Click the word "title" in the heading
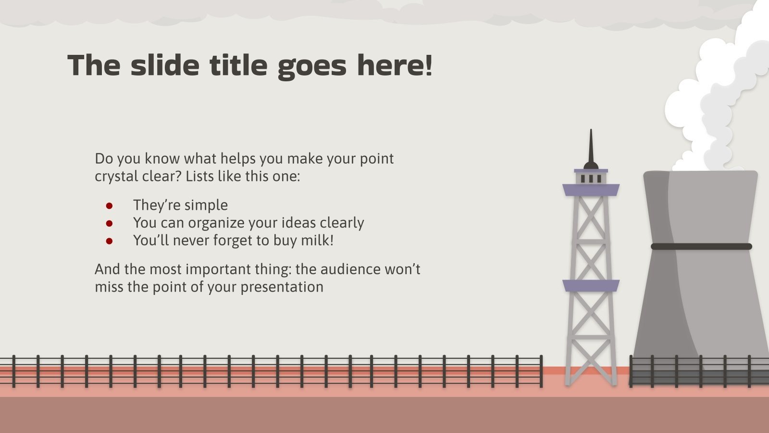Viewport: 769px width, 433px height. coord(238,65)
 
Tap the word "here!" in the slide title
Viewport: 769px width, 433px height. coord(395,65)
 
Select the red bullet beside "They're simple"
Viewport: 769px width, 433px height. coord(109,206)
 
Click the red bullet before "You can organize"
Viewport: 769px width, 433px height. coord(109,224)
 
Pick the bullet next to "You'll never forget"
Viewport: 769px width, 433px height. coord(109,241)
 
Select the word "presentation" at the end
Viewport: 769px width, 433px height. coord(282,287)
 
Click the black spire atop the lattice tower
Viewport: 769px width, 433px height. coord(591,149)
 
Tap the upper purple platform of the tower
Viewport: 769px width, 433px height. coord(591,190)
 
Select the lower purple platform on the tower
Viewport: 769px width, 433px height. coord(591,286)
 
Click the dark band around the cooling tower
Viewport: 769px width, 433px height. coord(701,246)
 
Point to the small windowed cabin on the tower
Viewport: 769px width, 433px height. coord(591,178)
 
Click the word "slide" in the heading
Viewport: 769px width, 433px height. coord(165,65)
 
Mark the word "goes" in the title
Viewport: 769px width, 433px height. coord(312,67)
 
